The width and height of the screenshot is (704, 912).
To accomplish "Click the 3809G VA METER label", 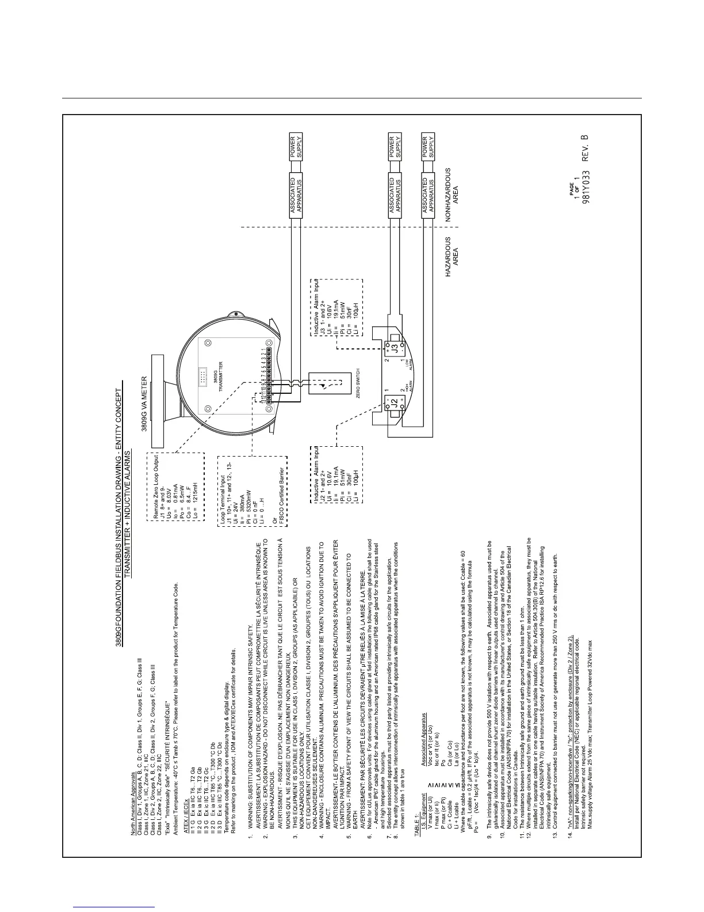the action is click(144, 404).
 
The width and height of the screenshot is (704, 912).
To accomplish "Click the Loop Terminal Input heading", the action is click(222, 515).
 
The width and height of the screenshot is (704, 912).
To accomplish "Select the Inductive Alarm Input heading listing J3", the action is click(317, 309).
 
